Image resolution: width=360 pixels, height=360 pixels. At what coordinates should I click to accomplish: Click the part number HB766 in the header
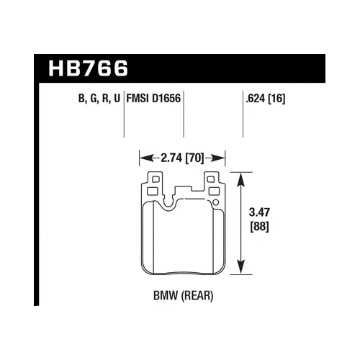tap(89, 68)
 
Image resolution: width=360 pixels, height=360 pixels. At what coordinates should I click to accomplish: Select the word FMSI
tap(138, 99)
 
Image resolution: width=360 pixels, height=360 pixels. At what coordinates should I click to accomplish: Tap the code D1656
tap(166, 99)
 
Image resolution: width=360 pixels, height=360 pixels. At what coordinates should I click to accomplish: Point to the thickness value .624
tap(255, 99)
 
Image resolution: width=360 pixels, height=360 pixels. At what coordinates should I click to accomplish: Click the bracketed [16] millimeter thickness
tap(276, 99)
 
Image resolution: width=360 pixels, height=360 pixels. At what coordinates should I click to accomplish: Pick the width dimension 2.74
tap(171, 158)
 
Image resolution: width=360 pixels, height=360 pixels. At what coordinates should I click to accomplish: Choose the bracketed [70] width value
tap(194, 158)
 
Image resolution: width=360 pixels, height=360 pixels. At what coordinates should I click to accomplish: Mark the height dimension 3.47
tap(259, 212)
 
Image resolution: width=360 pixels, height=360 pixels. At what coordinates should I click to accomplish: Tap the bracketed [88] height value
tap(259, 227)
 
